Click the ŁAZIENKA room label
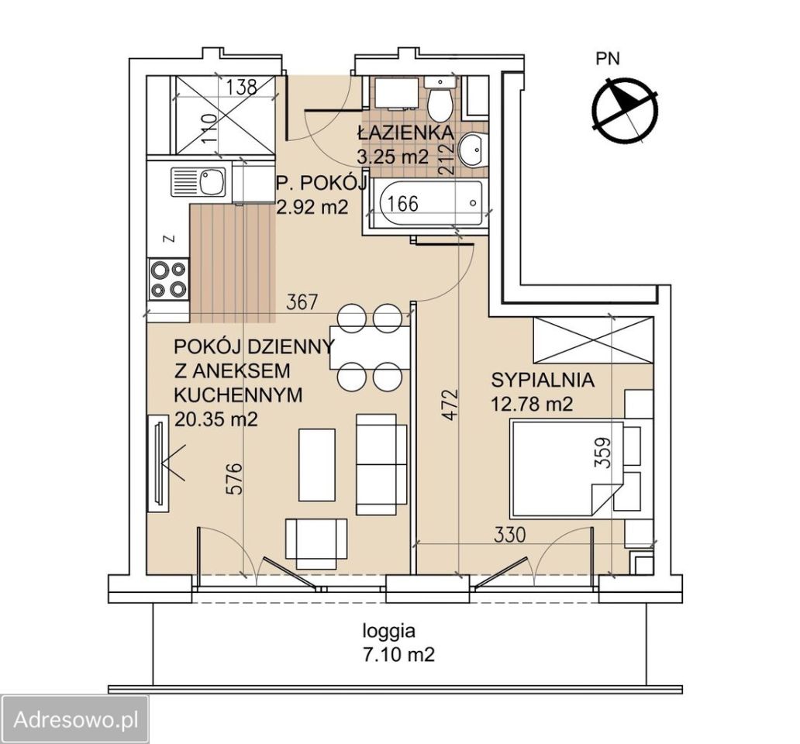tap(405, 133)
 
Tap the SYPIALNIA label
tap(543, 381)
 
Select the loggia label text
tap(389, 632)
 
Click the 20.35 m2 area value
tap(216, 419)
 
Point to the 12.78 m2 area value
tap(532, 405)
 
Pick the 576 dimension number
tap(235, 479)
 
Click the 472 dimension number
tap(450, 405)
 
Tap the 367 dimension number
tap(302, 302)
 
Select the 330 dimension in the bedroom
tap(510, 535)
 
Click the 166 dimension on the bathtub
tap(402, 204)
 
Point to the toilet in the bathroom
tap(440, 99)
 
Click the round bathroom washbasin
tap(472, 149)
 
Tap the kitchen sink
tap(198, 182)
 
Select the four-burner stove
tap(169, 279)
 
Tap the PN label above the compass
tap(608, 59)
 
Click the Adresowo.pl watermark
tap(76, 720)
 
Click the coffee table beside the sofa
tap(317, 464)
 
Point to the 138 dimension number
tap(241, 88)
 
